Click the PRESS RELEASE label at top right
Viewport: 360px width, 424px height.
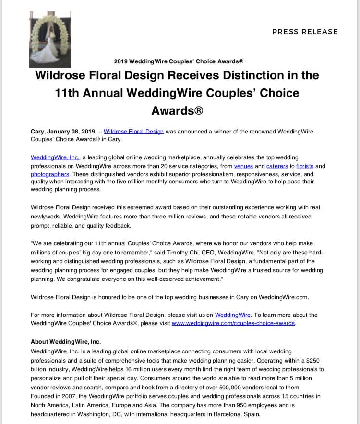pyautogui.click(x=305, y=32)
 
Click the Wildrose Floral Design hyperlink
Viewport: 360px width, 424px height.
pyautogui.click(x=134, y=131)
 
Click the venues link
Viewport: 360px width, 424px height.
pyautogui.click(x=243, y=166)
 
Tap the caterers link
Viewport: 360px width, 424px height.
pyautogui.click(x=277, y=166)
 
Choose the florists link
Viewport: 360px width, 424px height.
pyautogui.click(x=305, y=166)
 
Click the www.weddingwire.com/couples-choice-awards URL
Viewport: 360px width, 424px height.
pyautogui.click(x=233, y=323)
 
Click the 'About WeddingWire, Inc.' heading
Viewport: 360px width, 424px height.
pyautogui.click(x=66, y=342)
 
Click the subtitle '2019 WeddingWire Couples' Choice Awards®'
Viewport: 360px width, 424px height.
pyautogui.click(x=179, y=61)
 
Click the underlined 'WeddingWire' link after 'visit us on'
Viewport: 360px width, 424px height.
pyautogui.click(x=233, y=315)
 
